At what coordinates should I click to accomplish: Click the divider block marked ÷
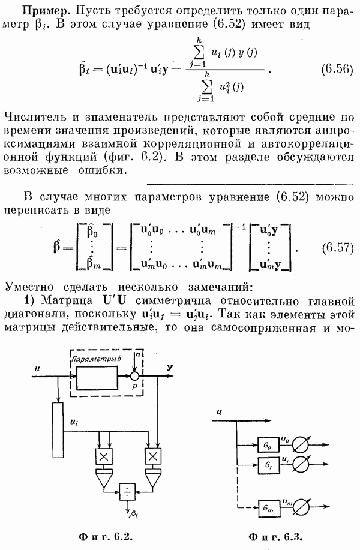pos(127,491)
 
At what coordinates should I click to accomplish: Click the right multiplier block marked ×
pos(154,457)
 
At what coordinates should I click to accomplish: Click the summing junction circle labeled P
pos(136,377)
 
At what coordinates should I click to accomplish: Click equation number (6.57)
pos(329,247)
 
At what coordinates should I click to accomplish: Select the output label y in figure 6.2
pos(171,366)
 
